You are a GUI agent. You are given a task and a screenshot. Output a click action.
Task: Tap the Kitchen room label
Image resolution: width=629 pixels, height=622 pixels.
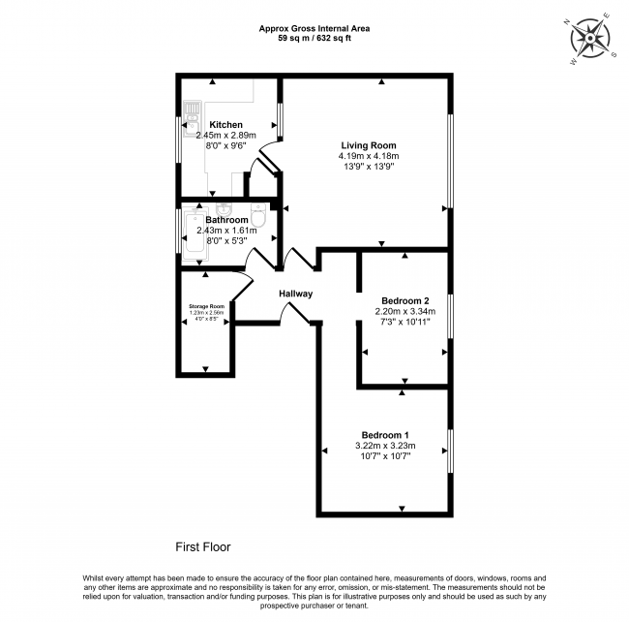click(x=225, y=124)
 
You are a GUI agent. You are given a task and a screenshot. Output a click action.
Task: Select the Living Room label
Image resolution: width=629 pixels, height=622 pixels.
click(x=369, y=144)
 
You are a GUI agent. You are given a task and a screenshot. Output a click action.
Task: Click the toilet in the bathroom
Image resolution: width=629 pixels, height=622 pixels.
click(x=257, y=214)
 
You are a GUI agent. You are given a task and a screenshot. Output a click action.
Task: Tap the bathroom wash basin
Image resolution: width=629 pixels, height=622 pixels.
click(x=225, y=207)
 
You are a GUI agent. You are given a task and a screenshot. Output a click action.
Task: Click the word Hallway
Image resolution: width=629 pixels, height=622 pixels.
click(x=295, y=294)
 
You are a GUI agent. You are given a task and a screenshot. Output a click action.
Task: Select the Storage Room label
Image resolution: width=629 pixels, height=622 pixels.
click(x=205, y=306)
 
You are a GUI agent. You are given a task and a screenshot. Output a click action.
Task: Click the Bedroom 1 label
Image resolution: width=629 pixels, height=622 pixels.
click(x=385, y=433)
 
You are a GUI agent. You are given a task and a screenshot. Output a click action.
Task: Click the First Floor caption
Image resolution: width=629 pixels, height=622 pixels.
click(x=203, y=546)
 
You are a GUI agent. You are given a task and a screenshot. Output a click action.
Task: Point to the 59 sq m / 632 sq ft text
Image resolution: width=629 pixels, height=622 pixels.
click(x=314, y=40)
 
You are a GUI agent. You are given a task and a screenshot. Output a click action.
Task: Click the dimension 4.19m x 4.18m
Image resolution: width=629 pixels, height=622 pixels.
click(x=369, y=156)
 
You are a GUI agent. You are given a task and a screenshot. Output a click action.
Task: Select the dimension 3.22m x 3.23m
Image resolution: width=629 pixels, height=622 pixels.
click(x=385, y=445)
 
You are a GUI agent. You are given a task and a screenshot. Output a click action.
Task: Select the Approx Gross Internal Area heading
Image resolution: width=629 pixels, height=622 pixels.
click(x=314, y=29)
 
